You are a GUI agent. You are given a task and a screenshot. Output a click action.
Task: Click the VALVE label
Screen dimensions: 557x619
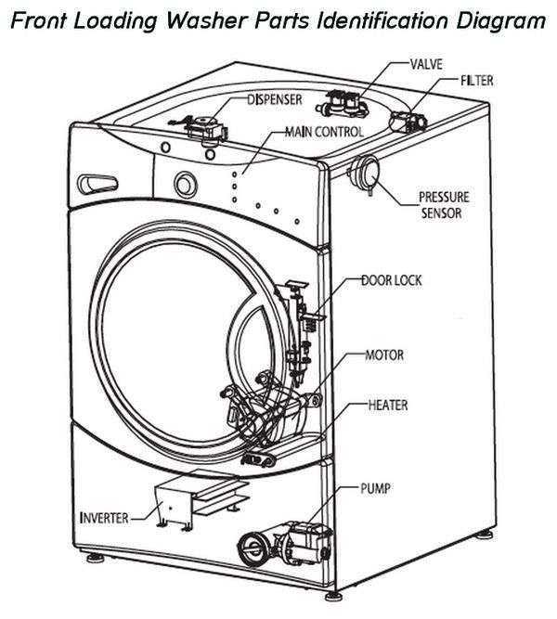point(426,64)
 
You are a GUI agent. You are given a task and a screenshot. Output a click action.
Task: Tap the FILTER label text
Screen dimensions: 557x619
point(477,81)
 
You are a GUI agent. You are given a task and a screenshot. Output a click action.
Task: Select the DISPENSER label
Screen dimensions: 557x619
point(275,99)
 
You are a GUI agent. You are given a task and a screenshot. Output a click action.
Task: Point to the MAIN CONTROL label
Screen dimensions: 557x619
point(324,132)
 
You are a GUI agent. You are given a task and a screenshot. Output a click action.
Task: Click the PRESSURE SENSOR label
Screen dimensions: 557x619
point(444,205)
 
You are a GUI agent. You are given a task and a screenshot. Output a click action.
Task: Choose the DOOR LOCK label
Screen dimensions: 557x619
point(392,280)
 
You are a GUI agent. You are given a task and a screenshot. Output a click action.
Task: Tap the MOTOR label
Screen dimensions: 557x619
point(384,355)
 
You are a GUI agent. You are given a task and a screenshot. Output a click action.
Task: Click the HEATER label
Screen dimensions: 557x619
point(387,405)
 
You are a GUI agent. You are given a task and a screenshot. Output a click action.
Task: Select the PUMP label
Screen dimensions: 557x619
point(375,489)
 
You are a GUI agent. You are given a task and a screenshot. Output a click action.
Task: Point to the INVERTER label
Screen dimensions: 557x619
point(104,518)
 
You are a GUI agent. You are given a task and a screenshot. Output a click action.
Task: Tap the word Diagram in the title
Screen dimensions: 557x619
point(501,21)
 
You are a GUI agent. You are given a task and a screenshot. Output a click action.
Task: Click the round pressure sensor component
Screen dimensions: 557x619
point(366,174)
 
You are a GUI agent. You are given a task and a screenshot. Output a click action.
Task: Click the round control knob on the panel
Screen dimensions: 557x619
point(186,185)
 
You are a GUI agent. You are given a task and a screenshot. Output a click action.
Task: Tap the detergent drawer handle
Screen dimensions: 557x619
point(97,184)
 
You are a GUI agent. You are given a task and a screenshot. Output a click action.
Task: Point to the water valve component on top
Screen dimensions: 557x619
point(343,103)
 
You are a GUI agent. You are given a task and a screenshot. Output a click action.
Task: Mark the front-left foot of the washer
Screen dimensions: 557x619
point(96,558)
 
